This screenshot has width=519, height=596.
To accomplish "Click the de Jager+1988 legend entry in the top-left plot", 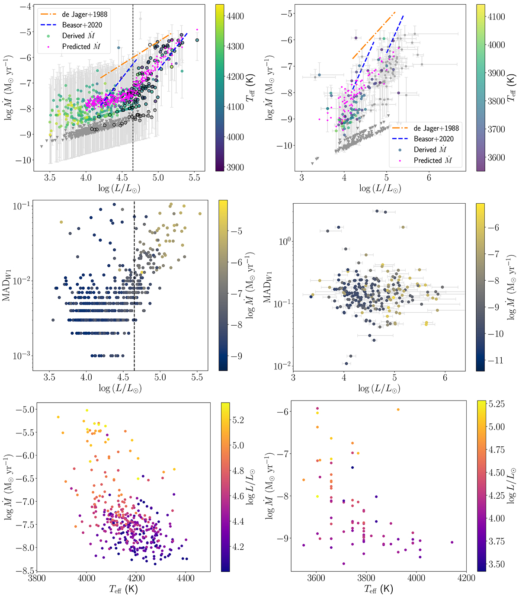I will pos(84,14).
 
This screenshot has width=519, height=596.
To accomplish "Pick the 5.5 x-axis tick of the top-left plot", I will pos(195,177).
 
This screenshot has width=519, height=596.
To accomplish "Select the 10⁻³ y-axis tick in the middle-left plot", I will pos(20,356).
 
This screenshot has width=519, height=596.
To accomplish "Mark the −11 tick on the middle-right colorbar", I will pos(496,360).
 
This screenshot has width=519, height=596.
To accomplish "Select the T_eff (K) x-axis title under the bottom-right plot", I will pos(379,589).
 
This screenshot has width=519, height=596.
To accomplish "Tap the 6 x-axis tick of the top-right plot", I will pos(429,177).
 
